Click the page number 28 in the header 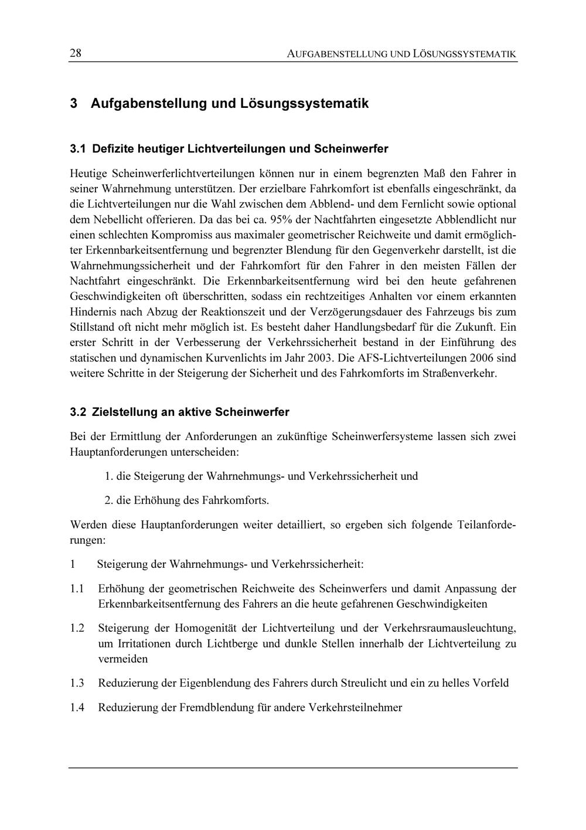(76, 54)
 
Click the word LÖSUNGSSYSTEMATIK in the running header (464, 55)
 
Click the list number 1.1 (77, 588)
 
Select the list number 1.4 (77, 707)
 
